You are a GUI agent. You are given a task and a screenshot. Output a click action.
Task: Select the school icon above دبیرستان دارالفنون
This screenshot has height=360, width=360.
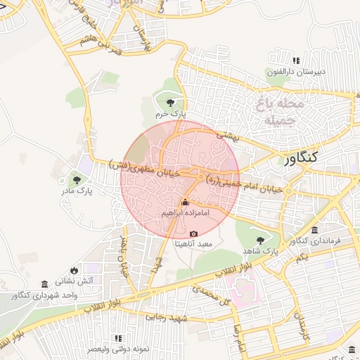click(296, 61)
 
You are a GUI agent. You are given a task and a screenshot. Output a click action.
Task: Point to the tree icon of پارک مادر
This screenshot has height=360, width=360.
click(76, 180)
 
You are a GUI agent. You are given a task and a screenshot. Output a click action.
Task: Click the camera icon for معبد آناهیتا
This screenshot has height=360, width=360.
click(194, 233)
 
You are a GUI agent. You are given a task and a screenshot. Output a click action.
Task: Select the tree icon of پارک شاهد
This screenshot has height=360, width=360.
click(261, 240)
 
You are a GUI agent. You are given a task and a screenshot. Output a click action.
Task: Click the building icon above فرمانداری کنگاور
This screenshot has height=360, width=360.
click(314, 231)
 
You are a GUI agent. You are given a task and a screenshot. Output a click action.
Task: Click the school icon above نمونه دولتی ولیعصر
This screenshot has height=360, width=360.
click(118, 338)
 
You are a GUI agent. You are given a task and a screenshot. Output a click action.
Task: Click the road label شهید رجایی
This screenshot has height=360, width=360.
click(168, 318)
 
